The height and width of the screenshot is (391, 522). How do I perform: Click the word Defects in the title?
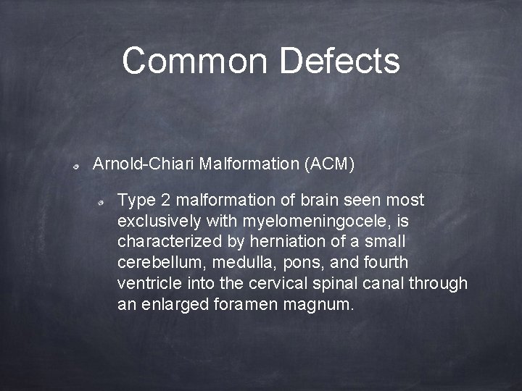click(x=339, y=61)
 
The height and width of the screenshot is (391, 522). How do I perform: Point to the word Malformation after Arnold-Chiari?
click(x=247, y=164)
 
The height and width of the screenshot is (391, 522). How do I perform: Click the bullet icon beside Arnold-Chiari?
click(x=76, y=167)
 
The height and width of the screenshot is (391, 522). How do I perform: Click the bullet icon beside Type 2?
click(x=103, y=202)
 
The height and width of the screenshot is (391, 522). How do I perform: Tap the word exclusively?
click(x=160, y=220)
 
